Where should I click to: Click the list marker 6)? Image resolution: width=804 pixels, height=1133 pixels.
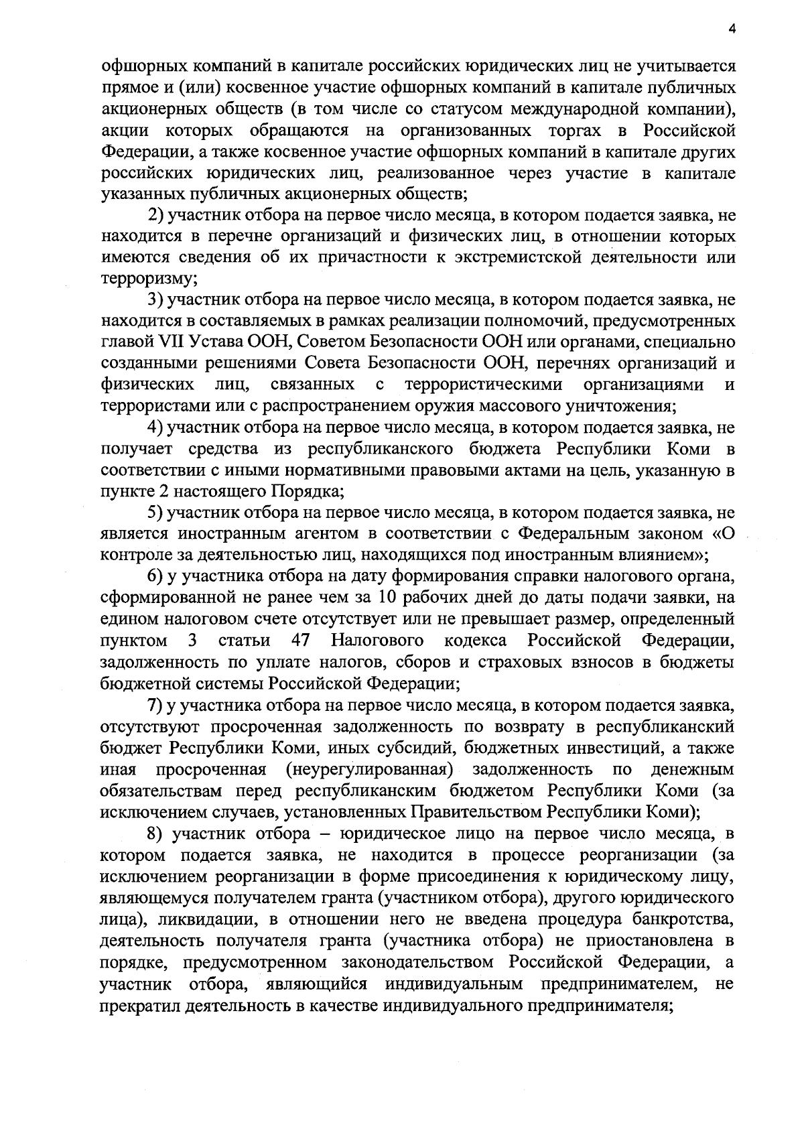pyautogui.click(x=155, y=576)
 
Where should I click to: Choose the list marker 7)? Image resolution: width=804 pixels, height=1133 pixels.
pyautogui.click(x=155, y=705)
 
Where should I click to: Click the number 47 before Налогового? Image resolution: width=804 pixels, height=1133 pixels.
pyautogui.click(x=301, y=641)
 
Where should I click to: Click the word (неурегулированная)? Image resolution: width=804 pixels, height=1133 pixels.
pyautogui.click(x=370, y=769)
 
